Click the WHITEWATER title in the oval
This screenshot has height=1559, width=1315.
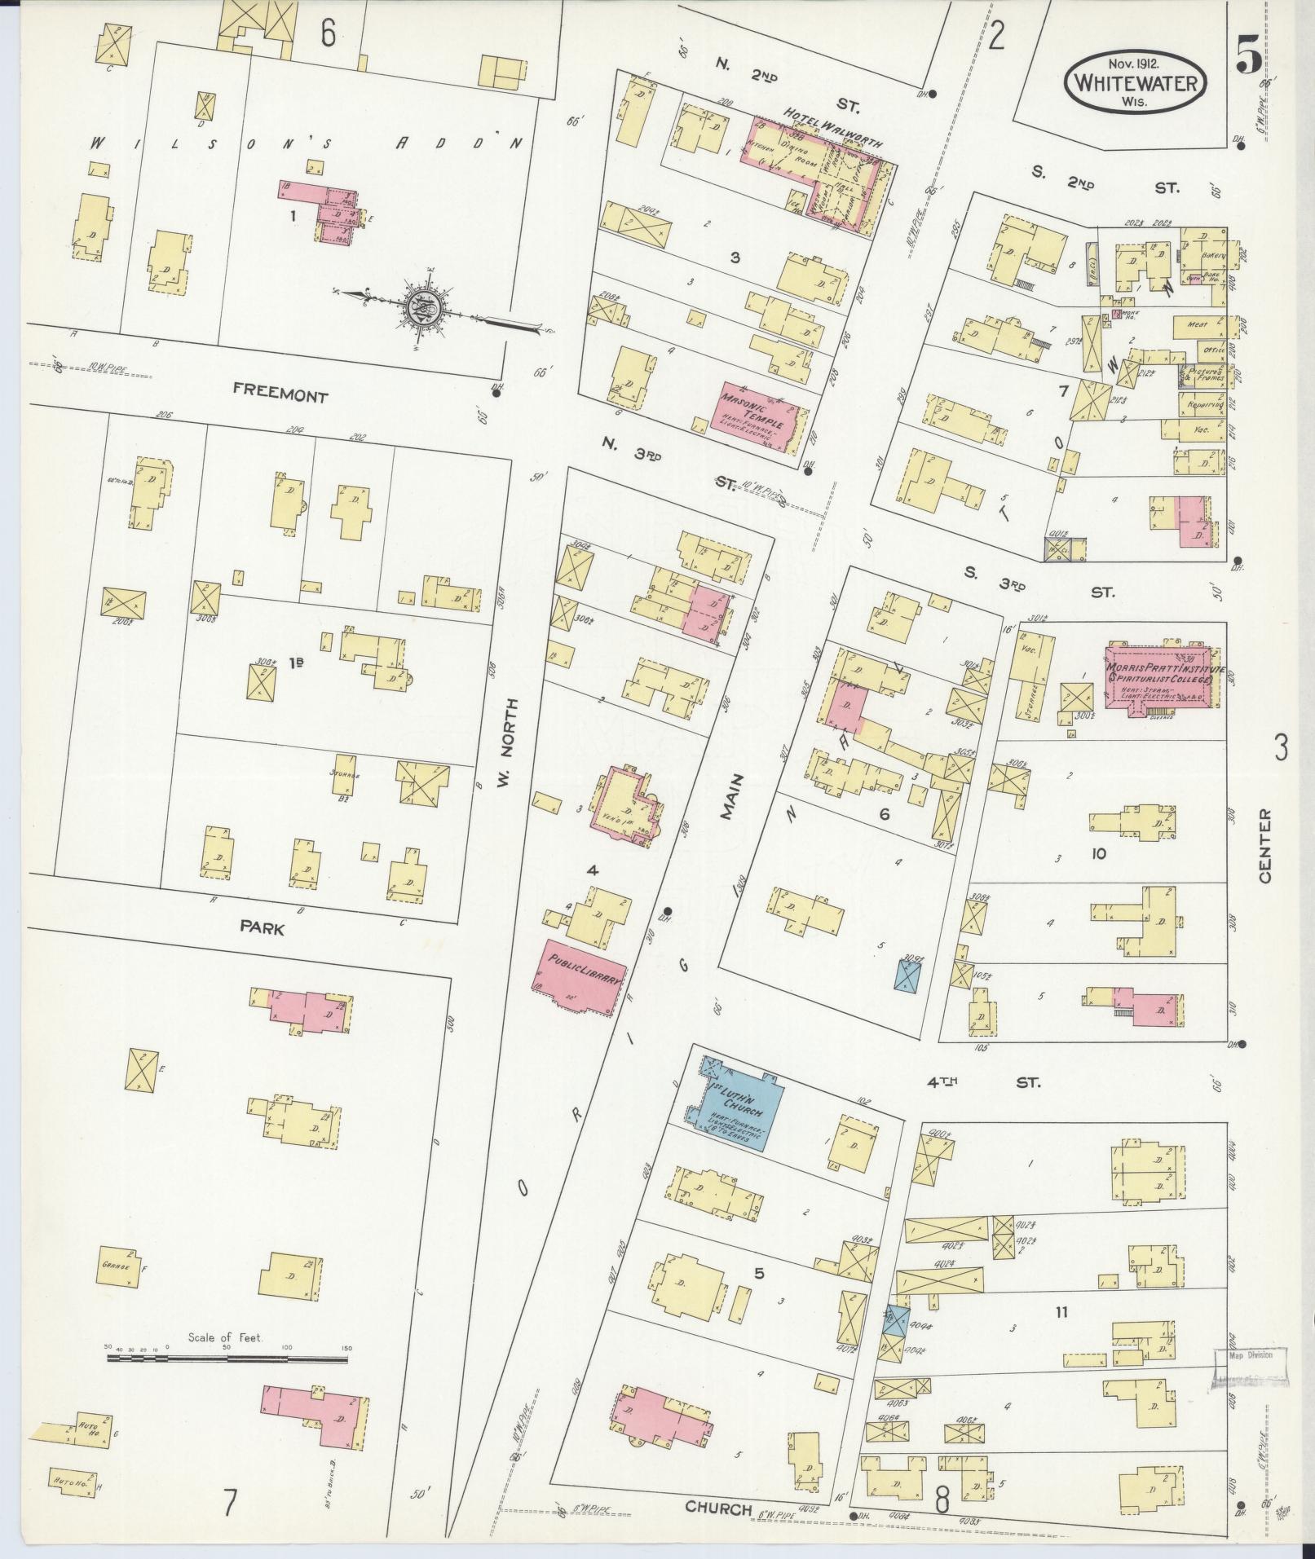(x=1135, y=82)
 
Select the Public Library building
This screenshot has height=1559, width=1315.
(x=580, y=977)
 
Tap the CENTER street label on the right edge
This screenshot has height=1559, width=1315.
(x=1264, y=844)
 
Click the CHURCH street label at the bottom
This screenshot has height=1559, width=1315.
(x=717, y=1508)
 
